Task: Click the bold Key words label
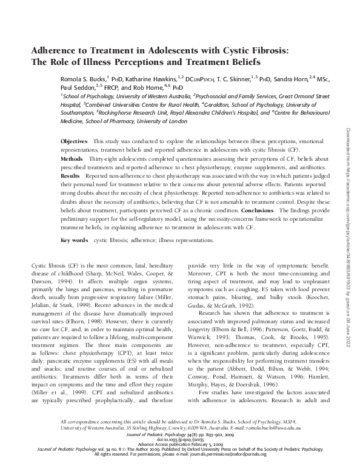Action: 75,257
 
